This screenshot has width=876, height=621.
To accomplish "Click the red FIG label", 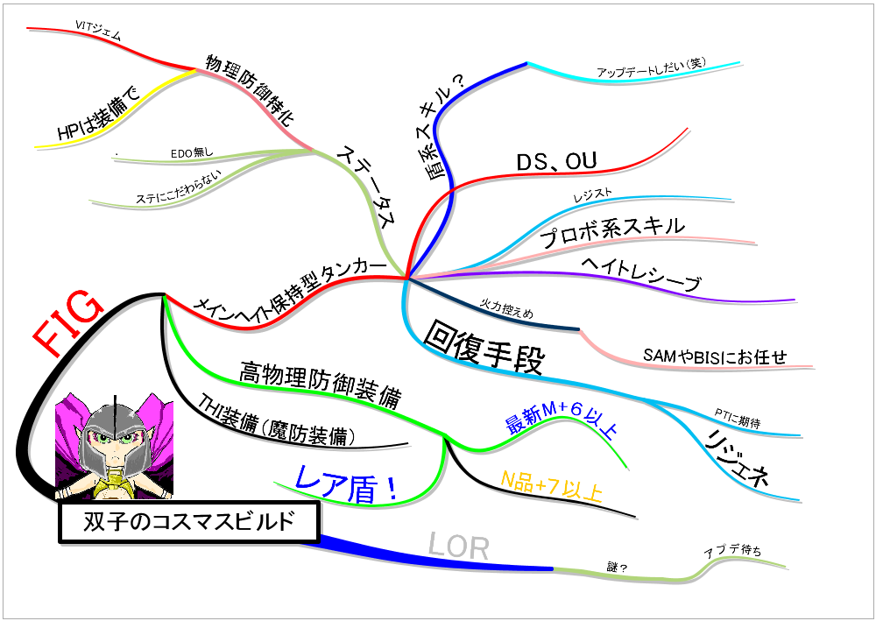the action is [68, 322].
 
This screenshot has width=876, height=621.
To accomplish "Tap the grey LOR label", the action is [459, 547].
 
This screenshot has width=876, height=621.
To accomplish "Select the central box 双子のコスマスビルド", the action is [189, 522].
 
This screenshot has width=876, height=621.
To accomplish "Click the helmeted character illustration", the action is [114, 446].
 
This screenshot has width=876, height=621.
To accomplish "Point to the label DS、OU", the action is [556, 161].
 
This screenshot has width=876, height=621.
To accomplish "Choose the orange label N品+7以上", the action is [551, 485].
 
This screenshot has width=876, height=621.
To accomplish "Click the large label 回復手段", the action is [484, 347].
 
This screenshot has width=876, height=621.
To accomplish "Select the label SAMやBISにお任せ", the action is [715, 356].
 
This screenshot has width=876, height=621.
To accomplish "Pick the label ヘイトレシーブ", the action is [640, 274].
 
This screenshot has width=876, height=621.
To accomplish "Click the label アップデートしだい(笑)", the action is [652, 67].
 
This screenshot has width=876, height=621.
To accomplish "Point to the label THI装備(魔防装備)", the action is [277, 420].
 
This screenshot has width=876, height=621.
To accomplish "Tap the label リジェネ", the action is [738, 458].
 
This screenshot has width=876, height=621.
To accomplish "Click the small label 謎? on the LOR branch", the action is [617, 567].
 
